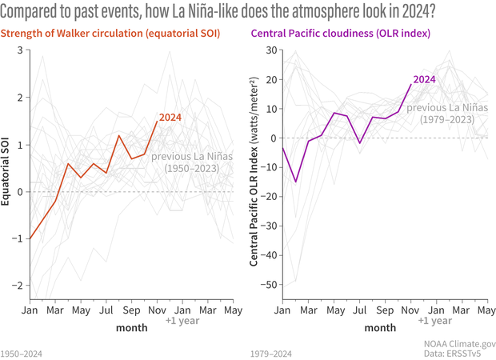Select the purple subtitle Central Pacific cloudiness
pos(341,34)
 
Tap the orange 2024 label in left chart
pos(170,118)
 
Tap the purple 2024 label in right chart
pos(424,79)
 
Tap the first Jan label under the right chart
pos(282,310)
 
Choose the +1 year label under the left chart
pos(182,321)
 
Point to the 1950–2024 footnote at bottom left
pos(22,352)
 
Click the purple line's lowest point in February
pos(296,182)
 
